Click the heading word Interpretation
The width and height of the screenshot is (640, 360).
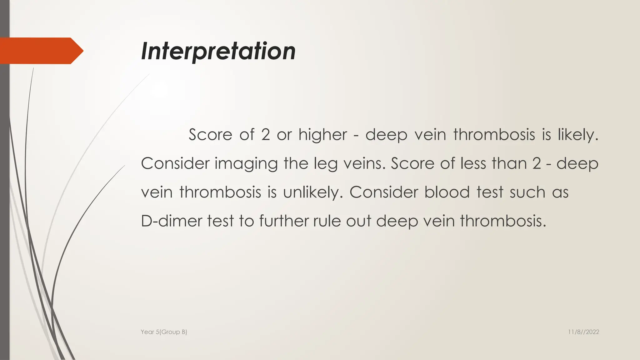click(x=218, y=51)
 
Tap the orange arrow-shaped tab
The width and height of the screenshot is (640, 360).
click(x=41, y=51)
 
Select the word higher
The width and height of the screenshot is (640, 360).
click(x=322, y=135)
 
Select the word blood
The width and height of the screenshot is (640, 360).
click(x=447, y=192)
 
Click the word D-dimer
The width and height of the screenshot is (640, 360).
click(x=171, y=221)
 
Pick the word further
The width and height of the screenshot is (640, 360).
click(x=284, y=221)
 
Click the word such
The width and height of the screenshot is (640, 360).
click(x=527, y=192)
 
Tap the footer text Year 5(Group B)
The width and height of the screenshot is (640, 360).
click(x=164, y=332)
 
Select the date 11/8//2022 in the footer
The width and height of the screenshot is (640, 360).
click(x=583, y=332)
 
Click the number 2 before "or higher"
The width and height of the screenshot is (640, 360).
click(x=265, y=135)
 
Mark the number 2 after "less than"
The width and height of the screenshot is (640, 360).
click(x=537, y=163)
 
